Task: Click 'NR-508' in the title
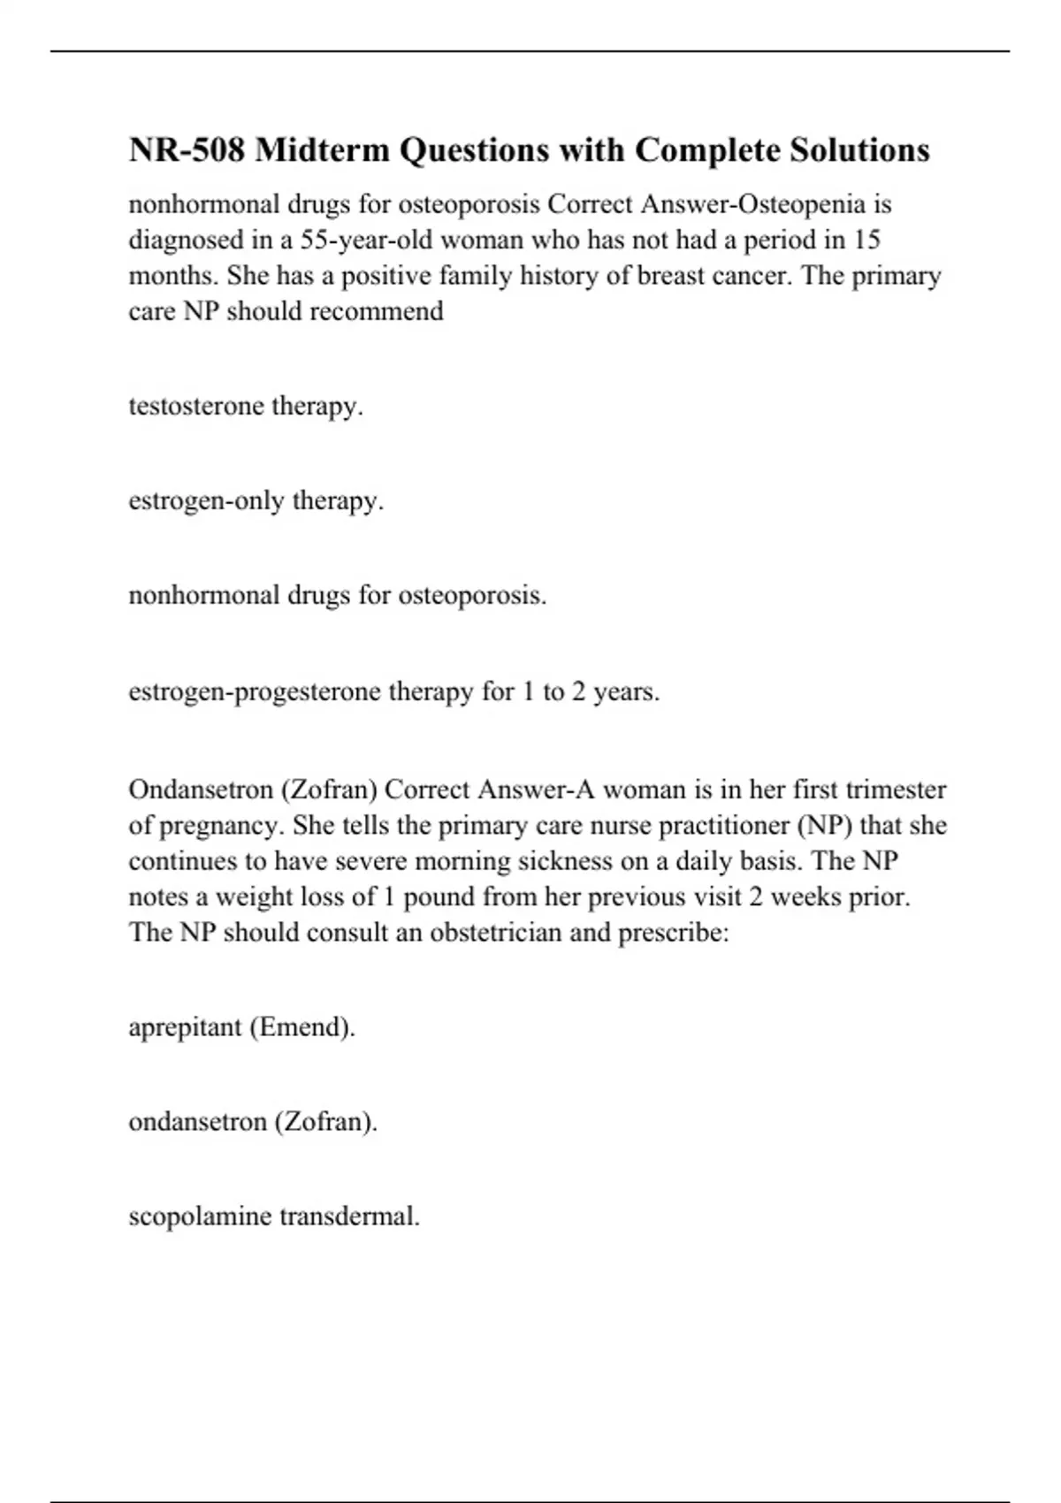[186, 150]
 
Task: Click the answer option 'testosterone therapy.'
[246, 407]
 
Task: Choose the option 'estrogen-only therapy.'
[256, 501]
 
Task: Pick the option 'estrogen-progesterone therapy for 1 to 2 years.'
[394, 691]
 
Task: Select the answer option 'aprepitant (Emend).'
[241, 1027]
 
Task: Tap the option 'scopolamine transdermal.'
[274, 1217]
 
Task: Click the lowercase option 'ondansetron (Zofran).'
[253, 1122]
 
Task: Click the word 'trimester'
[896, 790]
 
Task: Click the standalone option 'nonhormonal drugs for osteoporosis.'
[338, 596]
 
